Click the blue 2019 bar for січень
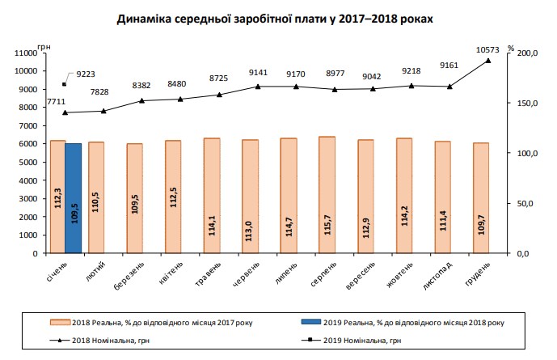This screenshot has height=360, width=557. pos(74,198)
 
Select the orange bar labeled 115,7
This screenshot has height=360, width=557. pos(327,195)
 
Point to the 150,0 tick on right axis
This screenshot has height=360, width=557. pos(527,103)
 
